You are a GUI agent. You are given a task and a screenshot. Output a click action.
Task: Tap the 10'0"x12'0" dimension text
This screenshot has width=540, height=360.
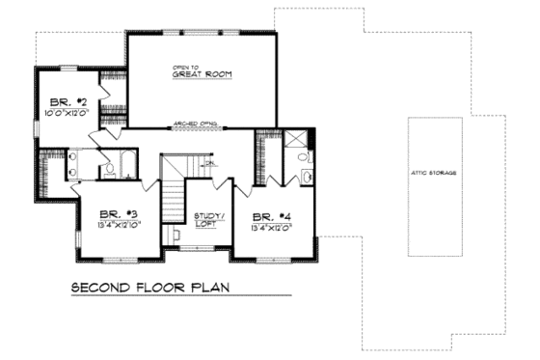tap(67, 112)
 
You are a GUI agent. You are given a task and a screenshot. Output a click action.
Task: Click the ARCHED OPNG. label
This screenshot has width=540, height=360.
tap(196, 124)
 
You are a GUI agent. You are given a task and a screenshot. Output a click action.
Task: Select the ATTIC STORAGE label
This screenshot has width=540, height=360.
tap(432, 173)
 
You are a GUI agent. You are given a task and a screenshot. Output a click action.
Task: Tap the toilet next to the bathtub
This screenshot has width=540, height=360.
tap(109, 170)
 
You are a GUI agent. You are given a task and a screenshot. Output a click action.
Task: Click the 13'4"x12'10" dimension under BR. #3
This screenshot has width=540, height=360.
tap(114, 226)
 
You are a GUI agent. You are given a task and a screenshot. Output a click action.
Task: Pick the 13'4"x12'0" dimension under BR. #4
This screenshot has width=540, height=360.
tap(270, 228)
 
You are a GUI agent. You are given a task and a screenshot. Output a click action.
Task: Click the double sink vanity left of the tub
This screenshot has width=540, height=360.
tap(72, 165)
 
